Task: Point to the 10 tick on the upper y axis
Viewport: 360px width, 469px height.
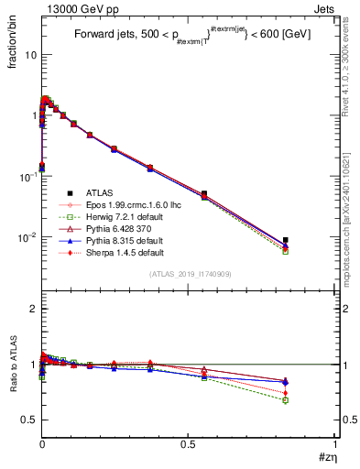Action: [x=30, y=55]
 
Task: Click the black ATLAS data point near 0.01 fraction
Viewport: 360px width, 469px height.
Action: [x=286, y=240]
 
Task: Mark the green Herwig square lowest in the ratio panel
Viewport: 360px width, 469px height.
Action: [x=286, y=400]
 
